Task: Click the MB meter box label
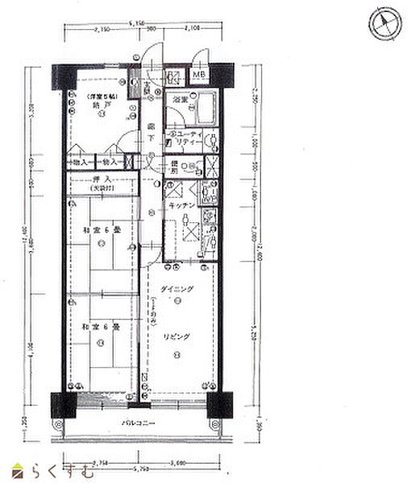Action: [x=198, y=77]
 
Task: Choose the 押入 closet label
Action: [x=102, y=178]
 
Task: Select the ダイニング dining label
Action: [x=176, y=289]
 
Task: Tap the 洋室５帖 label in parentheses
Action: [x=102, y=97]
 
